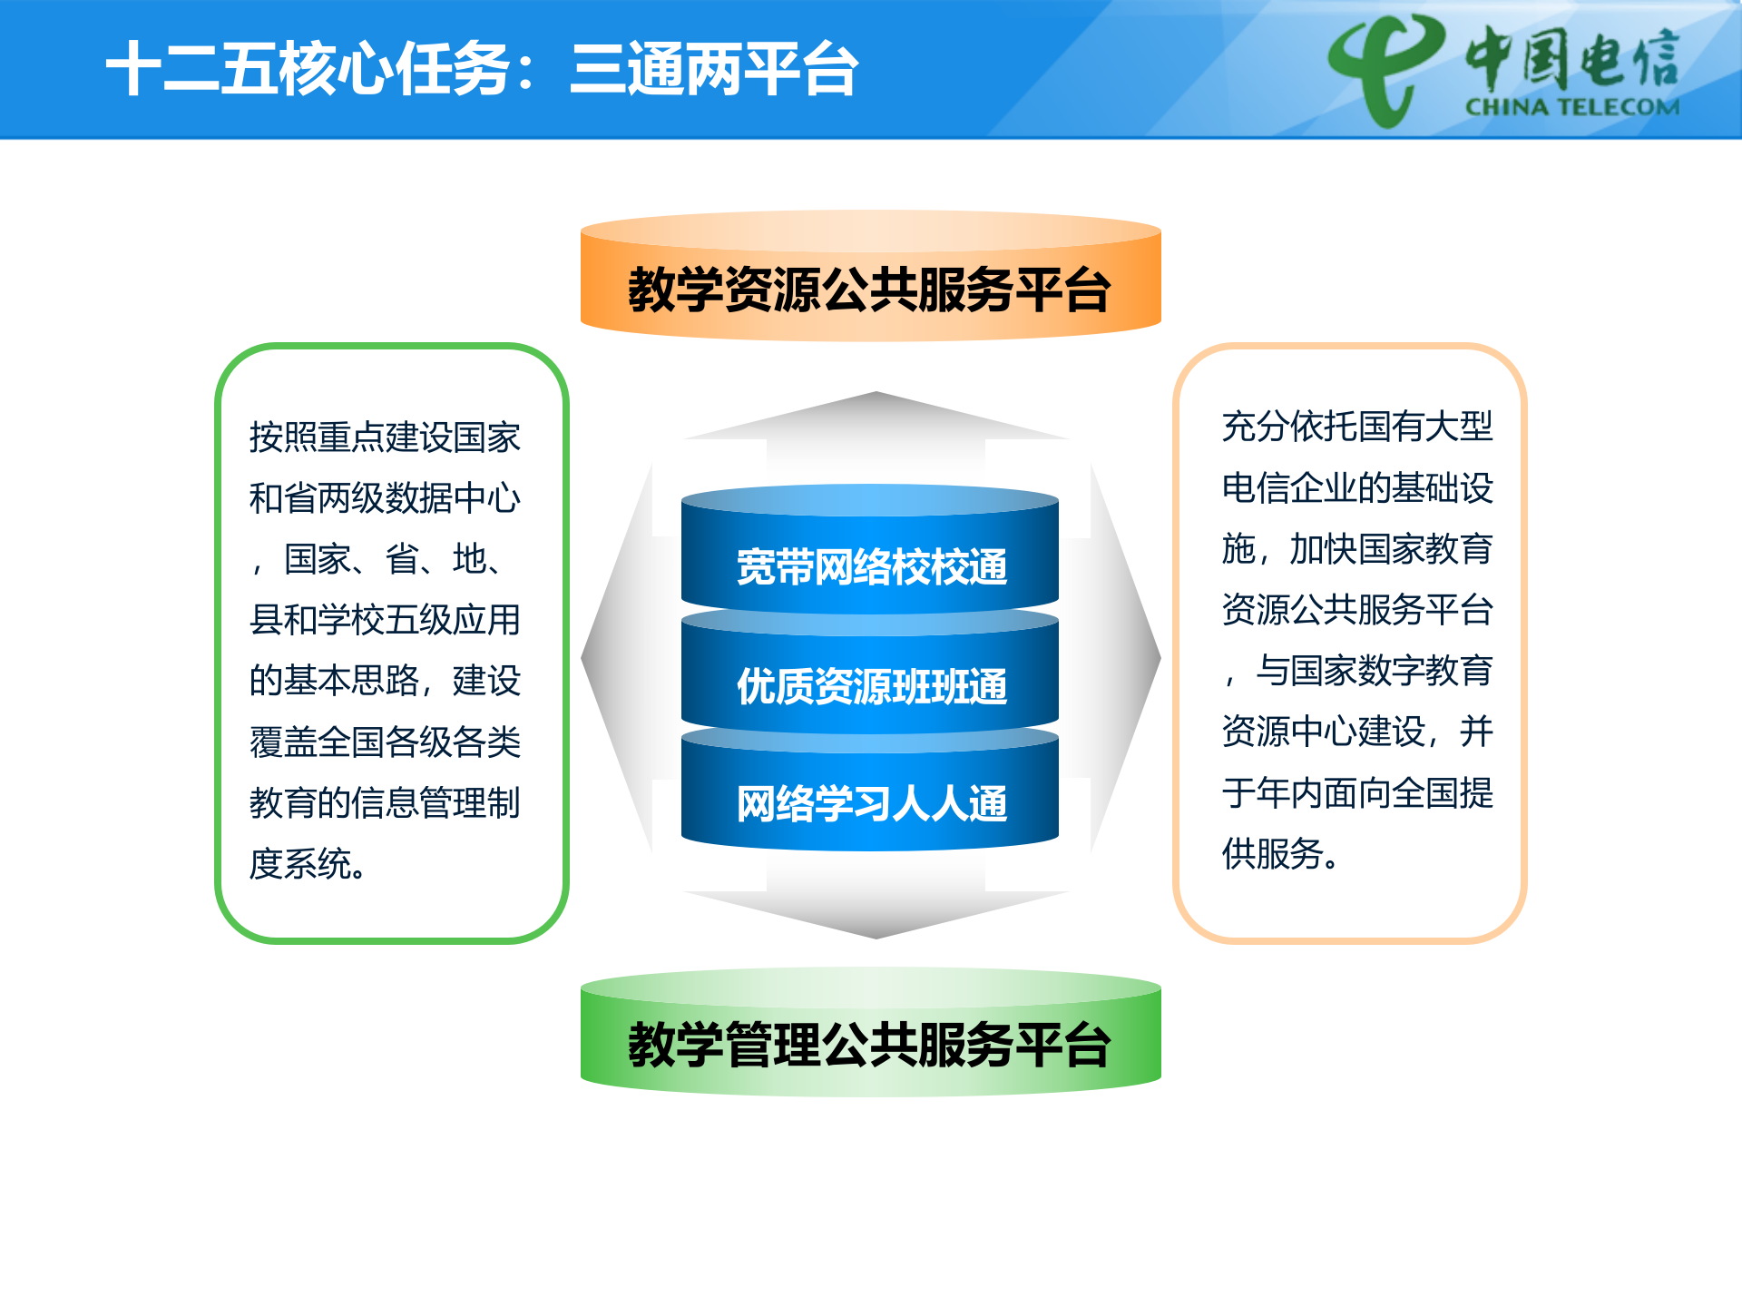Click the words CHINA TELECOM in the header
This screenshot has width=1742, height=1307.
(x=1571, y=107)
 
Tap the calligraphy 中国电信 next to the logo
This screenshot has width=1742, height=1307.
(x=1571, y=56)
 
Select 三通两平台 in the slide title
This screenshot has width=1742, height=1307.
(x=714, y=69)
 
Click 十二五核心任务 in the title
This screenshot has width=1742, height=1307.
(x=308, y=69)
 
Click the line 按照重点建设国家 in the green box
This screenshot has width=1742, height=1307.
(x=385, y=437)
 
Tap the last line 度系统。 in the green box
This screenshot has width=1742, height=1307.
(x=308, y=864)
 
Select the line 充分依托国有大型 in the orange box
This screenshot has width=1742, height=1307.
(x=1357, y=427)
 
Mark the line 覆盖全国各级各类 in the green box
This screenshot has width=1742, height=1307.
(x=385, y=742)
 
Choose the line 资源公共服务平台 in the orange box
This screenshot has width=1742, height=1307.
(x=1357, y=610)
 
